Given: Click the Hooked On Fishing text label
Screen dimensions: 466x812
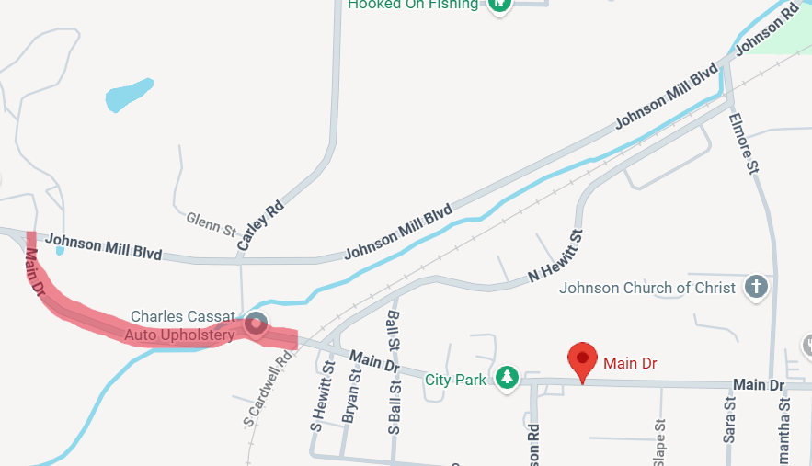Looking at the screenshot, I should (413, 5).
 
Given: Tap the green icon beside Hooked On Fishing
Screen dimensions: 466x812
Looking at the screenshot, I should (499, 5).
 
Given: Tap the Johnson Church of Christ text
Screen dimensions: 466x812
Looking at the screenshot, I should (647, 288).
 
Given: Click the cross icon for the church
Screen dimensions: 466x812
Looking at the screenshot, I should (755, 287).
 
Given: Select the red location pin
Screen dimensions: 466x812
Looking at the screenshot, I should (582, 359).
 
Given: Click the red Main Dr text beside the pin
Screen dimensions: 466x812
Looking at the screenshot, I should (630, 363).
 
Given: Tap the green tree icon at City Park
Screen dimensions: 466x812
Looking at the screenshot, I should (506, 377).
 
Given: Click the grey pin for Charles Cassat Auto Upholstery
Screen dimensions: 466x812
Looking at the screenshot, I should (256, 323).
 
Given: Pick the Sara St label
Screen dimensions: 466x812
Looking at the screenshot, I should (729, 420).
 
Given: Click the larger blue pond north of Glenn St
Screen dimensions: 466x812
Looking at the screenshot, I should (128, 95).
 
